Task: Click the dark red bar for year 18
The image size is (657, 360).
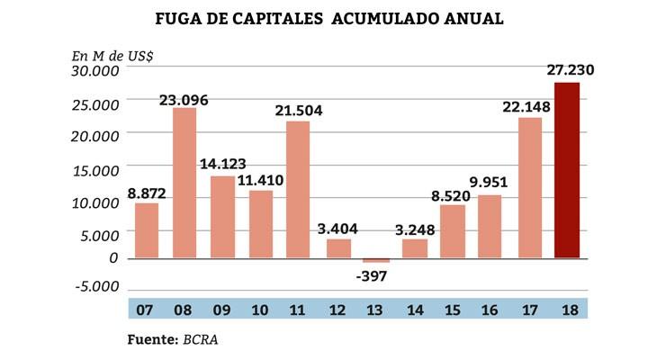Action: [567, 170]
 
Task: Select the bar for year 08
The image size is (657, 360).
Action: [184, 183]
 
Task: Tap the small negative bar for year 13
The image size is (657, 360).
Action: [376, 260]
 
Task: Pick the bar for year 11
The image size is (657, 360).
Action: [299, 189]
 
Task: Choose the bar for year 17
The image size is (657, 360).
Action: [530, 187]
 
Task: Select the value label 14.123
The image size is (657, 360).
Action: [220, 164]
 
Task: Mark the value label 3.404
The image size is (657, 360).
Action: [337, 227]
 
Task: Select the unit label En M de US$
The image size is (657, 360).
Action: [112, 54]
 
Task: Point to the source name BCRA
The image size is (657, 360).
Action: [201, 340]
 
